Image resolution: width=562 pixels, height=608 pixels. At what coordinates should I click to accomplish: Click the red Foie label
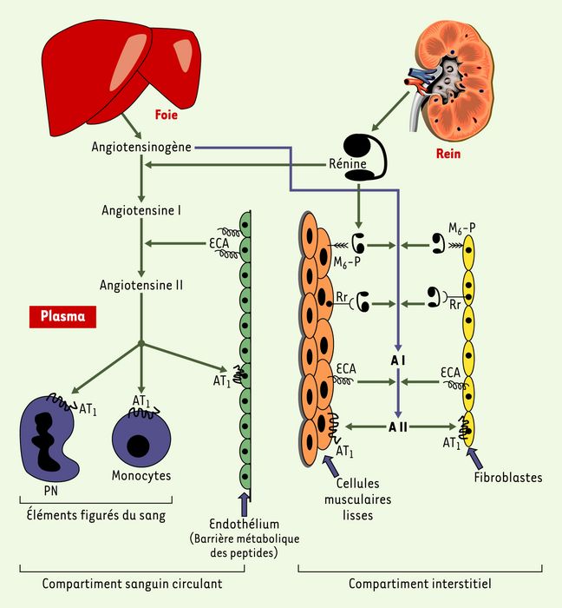point(166,115)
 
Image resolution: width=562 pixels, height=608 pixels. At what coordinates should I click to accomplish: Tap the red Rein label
point(448,154)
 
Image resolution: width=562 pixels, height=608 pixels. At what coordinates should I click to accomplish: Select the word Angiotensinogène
point(141,148)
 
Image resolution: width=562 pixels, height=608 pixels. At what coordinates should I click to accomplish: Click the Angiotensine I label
point(141,210)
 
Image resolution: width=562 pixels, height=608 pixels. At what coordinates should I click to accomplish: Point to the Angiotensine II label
point(141,286)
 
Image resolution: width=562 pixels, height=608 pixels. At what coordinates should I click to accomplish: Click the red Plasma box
point(62,316)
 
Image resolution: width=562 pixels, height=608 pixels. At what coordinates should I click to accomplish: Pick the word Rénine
point(347,163)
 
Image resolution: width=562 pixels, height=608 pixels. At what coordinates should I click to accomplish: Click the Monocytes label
point(141,475)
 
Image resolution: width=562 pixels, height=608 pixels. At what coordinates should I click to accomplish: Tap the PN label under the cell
point(50,491)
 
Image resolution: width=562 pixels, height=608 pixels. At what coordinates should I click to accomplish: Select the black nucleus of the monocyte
point(138,446)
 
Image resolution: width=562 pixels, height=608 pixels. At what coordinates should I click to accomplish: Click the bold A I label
point(398,361)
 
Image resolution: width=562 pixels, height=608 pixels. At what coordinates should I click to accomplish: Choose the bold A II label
point(398,427)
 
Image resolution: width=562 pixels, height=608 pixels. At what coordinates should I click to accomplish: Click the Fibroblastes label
point(508,478)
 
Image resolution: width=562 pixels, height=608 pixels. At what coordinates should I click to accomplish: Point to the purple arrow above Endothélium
point(245,504)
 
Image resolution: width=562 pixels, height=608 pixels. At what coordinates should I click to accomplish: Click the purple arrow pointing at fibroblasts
point(475,459)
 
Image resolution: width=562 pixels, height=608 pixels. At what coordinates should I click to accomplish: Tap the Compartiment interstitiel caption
point(420,584)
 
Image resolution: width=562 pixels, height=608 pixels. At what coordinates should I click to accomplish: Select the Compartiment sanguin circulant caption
point(132,584)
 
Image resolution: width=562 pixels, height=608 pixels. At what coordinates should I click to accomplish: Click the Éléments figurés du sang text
point(96,515)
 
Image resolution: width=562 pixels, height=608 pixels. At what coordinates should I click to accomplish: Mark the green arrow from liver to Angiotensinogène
point(132,126)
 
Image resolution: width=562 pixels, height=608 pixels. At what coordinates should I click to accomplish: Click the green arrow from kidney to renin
point(390,112)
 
